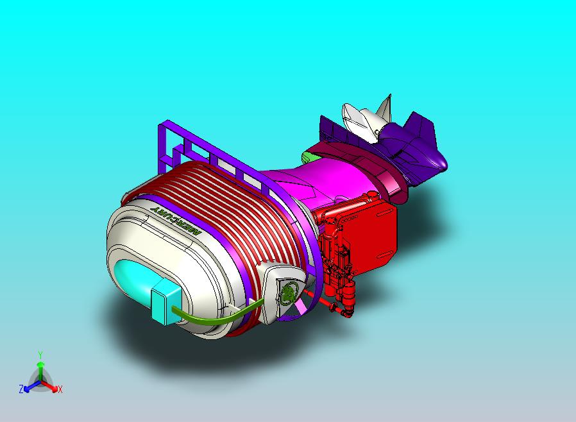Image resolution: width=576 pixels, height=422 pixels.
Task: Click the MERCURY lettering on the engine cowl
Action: [x=176, y=221]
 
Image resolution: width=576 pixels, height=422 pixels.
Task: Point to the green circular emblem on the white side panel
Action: [x=289, y=292]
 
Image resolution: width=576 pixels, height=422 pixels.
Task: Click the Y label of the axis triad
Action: [x=40, y=355]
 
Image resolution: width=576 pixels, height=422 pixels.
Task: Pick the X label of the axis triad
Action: [x=60, y=389]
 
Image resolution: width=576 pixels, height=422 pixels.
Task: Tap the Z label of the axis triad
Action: [x=21, y=389]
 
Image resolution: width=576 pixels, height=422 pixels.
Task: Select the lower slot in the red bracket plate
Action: [x=384, y=255]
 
